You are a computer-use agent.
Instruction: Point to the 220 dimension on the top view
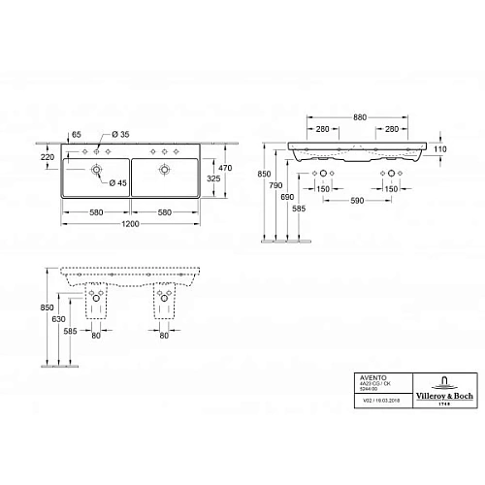tap(47, 155)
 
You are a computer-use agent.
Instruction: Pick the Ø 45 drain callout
tap(121, 183)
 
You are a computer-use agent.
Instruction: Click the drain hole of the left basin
tap(97, 172)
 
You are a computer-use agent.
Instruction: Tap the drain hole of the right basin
tap(164, 172)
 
